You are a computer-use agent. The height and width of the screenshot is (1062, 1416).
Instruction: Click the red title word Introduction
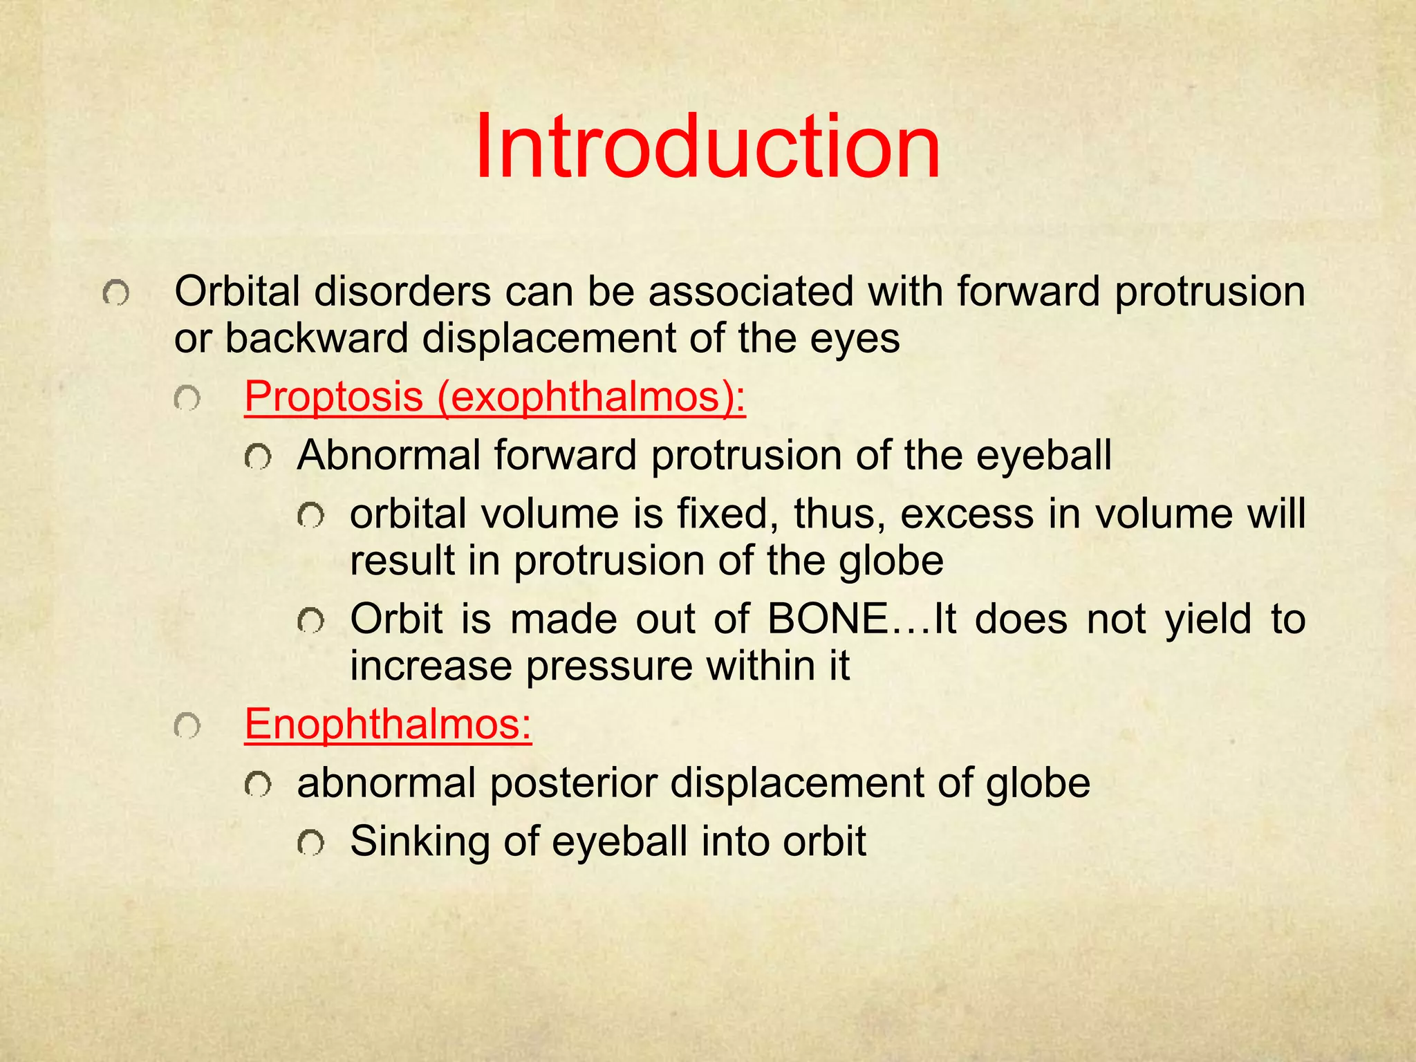coord(707,148)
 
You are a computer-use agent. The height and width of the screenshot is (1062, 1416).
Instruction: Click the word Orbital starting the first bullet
coord(237,291)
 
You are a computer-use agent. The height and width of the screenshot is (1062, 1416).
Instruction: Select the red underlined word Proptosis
coord(333,397)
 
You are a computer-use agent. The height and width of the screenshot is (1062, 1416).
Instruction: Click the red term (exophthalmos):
coord(591,397)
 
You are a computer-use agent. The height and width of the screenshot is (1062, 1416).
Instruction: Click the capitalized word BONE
coord(828,619)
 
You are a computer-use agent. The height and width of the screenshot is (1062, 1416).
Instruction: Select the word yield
coord(1208,619)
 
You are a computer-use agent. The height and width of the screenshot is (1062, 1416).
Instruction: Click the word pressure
coord(608,666)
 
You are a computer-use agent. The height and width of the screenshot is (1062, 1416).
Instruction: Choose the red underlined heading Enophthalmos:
coord(388,724)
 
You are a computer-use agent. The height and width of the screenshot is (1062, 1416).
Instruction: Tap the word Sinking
coord(419,842)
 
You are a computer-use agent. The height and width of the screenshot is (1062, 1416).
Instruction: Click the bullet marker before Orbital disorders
coord(115,294)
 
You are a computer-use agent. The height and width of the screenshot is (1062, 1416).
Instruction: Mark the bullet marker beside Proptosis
coord(187,399)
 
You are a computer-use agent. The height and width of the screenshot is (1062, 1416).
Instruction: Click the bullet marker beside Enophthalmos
coord(187,727)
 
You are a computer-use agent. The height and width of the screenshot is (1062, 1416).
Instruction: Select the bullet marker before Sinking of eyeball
coord(310,844)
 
